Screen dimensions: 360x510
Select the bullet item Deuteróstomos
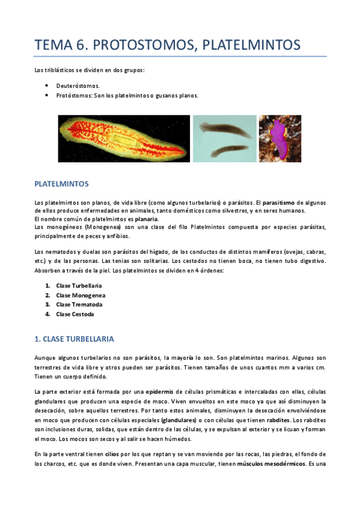[x=79, y=86]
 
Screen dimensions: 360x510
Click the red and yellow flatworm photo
[x=124, y=138]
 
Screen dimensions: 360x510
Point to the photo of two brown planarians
[x=224, y=138]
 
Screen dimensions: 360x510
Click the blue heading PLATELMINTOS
[x=62, y=182]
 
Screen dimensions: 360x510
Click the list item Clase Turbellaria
[x=79, y=285]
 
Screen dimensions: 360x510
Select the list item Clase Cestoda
[x=75, y=314]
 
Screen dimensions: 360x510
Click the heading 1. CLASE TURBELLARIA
[x=75, y=339]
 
